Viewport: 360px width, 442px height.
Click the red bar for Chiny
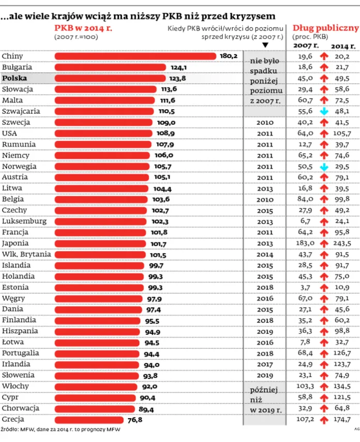pos(134,56)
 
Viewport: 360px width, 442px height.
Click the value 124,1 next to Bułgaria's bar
pos(177,67)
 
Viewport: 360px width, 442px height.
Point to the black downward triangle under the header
pos(265,45)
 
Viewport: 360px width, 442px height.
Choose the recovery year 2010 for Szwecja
pos(265,123)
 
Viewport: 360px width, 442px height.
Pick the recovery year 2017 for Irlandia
pos(265,364)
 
